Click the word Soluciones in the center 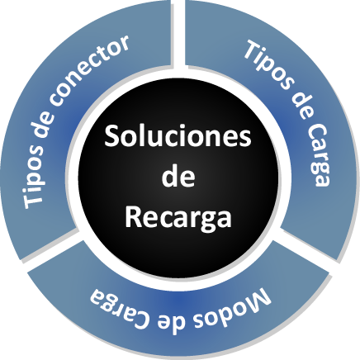pyautogui.click(x=178, y=136)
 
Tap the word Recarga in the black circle pyautogui.click(x=178, y=218)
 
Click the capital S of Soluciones pyautogui.click(x=111, y=137)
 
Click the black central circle pyautogui.click(x=178, y=178)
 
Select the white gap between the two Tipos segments pyautogui.click(x=178, y=33)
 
